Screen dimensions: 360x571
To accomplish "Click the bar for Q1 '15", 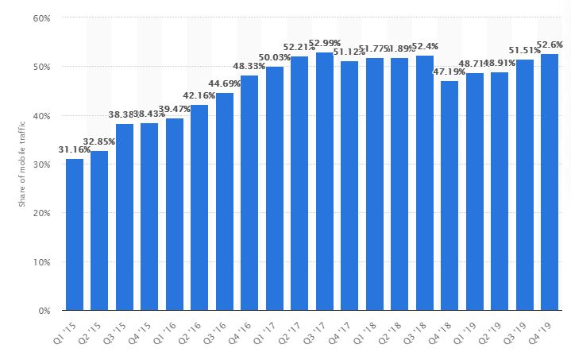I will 75,234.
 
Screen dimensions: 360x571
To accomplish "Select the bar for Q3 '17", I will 325,181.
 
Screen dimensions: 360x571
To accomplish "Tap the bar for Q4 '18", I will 449,195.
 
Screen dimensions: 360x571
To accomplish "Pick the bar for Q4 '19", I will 550,182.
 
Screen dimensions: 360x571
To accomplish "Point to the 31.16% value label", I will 75,149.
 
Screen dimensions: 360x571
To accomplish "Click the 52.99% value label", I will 325,43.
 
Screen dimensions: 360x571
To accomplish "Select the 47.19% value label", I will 449,72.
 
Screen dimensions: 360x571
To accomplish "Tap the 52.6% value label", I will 550,45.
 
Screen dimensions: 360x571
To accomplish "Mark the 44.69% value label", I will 225,83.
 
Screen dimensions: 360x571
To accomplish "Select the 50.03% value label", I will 275,57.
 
